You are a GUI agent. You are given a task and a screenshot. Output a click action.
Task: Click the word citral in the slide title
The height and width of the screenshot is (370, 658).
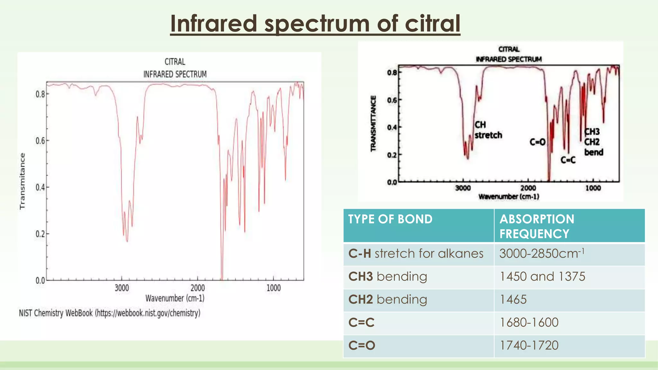tap(432, 23)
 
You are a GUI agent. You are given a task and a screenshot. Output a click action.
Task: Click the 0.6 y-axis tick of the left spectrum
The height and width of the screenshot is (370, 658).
tap(40, 141)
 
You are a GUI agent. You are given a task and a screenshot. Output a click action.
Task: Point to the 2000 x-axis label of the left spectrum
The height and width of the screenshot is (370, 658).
tap(197, 288)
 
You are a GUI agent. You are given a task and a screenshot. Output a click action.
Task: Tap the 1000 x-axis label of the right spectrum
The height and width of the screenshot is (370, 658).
tap(593, 188)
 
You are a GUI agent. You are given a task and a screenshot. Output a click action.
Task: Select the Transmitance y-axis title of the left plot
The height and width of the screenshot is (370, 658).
tap(22, 181)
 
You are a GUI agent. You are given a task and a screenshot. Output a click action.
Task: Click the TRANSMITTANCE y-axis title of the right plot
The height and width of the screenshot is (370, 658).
tap(373, 123)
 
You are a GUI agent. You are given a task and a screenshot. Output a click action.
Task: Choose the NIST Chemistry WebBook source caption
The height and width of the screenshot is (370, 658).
tap(110, 313)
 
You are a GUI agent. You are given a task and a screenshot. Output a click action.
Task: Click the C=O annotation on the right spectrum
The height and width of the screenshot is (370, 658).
tap(538, 142)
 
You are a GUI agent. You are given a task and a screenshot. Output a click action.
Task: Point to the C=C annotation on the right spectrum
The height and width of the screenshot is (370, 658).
tap(568, 160)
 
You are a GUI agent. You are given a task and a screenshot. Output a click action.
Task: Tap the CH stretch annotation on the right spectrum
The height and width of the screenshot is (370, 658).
tap(488, 130)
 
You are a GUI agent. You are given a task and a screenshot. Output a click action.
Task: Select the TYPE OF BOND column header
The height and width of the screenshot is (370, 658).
tap(390, 219)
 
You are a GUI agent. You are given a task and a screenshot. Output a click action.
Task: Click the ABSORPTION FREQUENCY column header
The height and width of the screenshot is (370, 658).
tap(537, 226)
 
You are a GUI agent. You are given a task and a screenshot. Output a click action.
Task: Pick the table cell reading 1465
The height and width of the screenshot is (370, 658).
tap(513, 300)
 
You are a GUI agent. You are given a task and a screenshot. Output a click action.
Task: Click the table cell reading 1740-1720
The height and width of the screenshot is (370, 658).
tap(529, 346)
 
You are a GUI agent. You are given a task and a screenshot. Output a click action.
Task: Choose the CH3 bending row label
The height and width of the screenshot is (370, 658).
tap(387, 277)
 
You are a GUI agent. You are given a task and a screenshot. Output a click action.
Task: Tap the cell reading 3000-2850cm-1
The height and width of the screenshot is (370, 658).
tap(541, 254)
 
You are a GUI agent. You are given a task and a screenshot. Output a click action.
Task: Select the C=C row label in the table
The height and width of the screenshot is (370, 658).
tap(361, 322)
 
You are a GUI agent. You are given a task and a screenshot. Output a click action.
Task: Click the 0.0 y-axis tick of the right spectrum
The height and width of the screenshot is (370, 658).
tap(392, 182)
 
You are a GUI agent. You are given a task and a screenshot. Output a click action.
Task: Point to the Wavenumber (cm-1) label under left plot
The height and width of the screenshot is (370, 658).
tap(175, 298)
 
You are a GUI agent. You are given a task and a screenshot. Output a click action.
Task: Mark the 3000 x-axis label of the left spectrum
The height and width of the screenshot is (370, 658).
tap(122, 288)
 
